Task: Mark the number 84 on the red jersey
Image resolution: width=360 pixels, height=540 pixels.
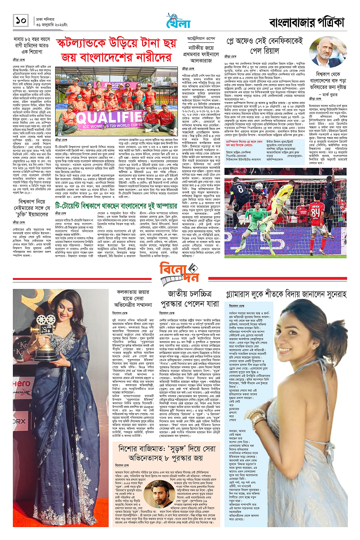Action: (x=316, y=212)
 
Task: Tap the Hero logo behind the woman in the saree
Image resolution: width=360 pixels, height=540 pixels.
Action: (x=21, y=383)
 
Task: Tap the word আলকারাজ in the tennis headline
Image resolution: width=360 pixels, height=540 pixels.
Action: (x=201, y=60)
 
